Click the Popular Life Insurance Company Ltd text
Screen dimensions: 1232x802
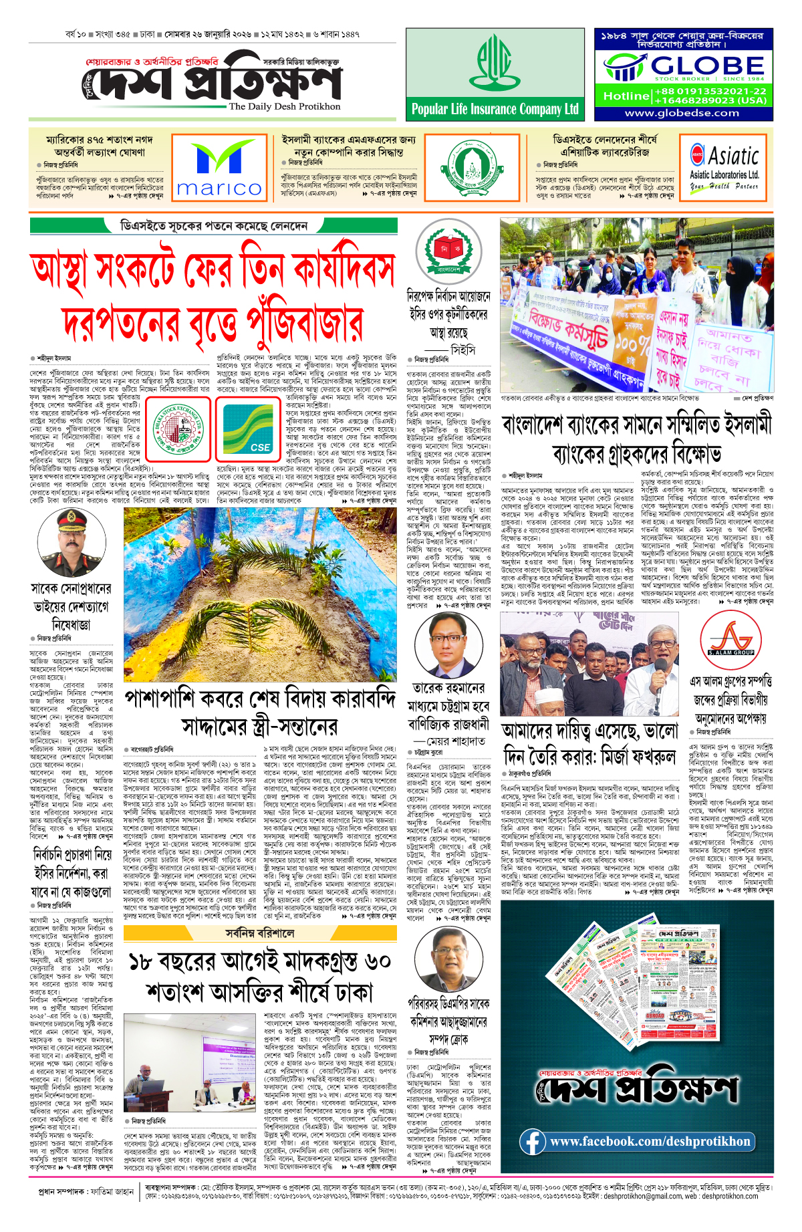495,110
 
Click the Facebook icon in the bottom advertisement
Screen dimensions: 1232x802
532,1141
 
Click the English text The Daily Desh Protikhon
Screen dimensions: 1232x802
284,106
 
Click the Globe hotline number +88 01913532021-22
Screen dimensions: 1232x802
710,91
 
